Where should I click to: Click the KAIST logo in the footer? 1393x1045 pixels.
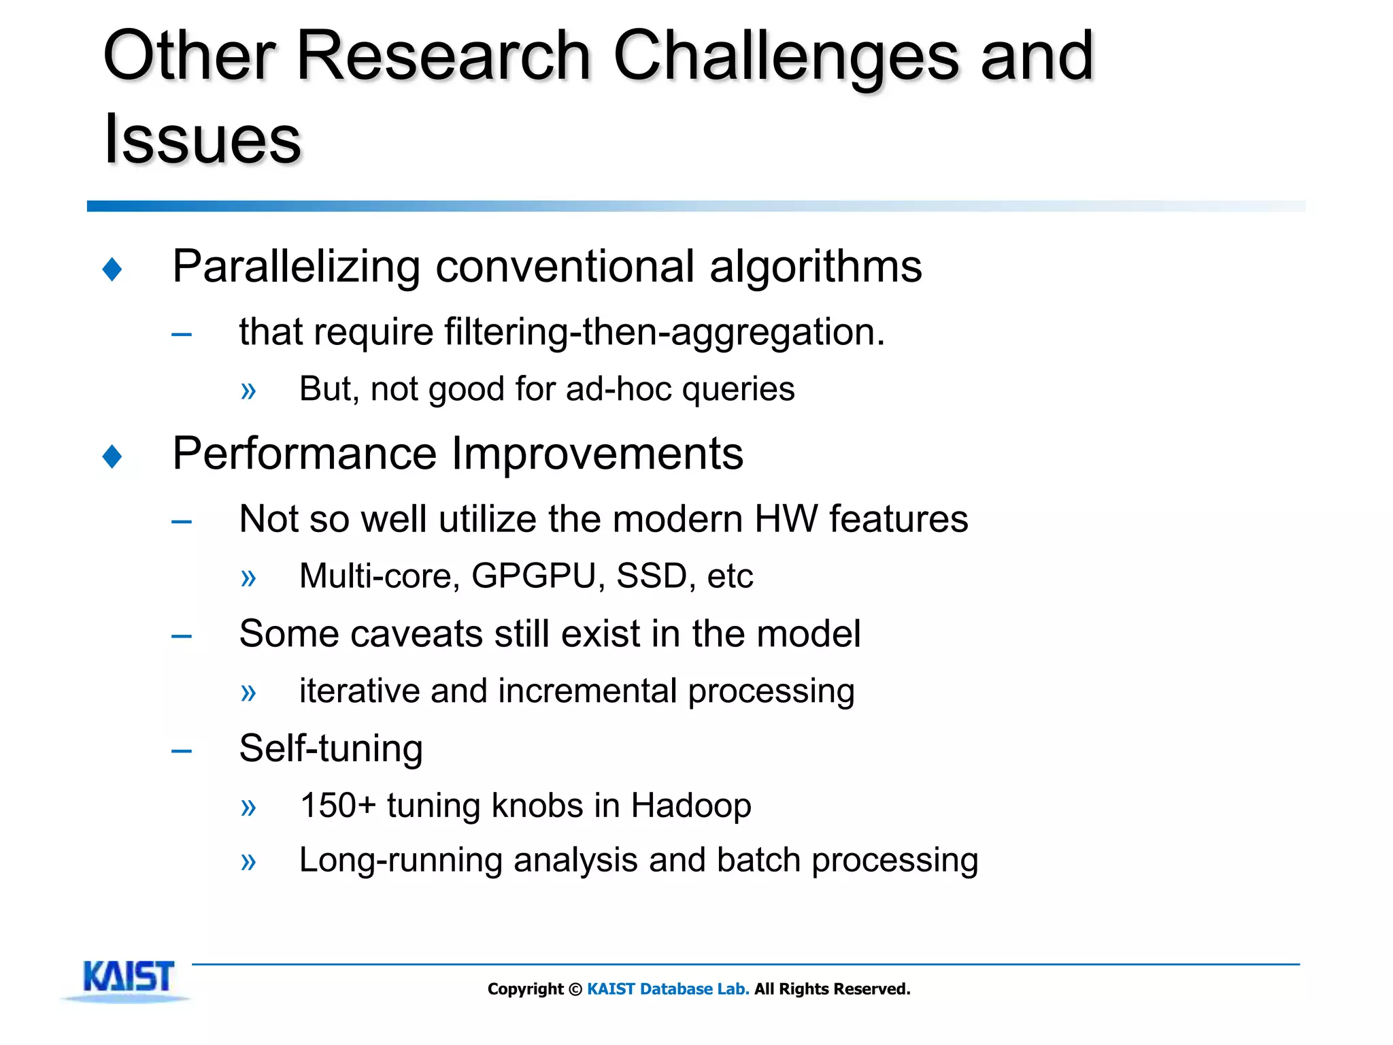click(128, 978)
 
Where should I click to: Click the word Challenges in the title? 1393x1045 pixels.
click(786, 58)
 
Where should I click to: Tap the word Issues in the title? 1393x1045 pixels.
click(202, 139)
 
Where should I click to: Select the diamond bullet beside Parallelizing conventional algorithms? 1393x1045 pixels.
click(112, 269)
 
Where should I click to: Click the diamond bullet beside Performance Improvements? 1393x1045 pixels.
click(112, 456)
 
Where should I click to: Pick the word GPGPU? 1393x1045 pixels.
click(533, 576)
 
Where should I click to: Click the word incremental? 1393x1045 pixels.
click(588, 691)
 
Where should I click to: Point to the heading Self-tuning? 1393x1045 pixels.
click(331, 749)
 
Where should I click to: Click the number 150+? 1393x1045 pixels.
click(338, 806)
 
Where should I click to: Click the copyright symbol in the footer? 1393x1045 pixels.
click(575, 989)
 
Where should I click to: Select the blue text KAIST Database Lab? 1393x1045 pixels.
click(668, 989)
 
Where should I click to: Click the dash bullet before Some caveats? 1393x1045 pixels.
click(182, 636)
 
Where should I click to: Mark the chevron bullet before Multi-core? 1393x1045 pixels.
click(248, 578)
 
